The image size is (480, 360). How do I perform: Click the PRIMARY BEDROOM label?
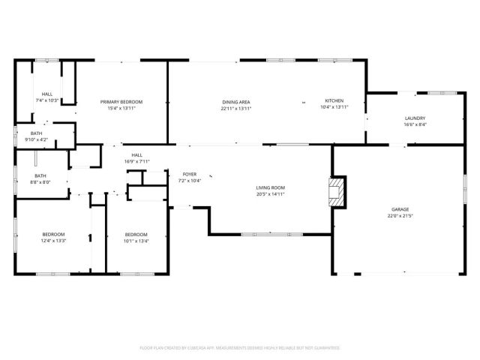121,101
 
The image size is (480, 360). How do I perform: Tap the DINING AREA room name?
235,101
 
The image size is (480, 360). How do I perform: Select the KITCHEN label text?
334,100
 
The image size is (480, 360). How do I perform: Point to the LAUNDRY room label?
415,118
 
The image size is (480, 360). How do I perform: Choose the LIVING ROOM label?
271,187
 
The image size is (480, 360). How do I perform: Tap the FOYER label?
189,174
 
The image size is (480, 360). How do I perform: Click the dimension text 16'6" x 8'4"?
415,124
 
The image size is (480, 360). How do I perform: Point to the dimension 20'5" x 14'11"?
271,194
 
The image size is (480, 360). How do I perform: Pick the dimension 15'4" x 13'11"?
121,108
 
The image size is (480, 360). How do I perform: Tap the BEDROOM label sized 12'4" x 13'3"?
53,234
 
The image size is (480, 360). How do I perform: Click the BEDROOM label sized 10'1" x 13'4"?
136,234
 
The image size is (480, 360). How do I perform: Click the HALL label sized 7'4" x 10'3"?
46,94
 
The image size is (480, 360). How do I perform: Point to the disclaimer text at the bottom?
240,348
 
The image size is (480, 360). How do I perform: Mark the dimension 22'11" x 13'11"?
235,108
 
